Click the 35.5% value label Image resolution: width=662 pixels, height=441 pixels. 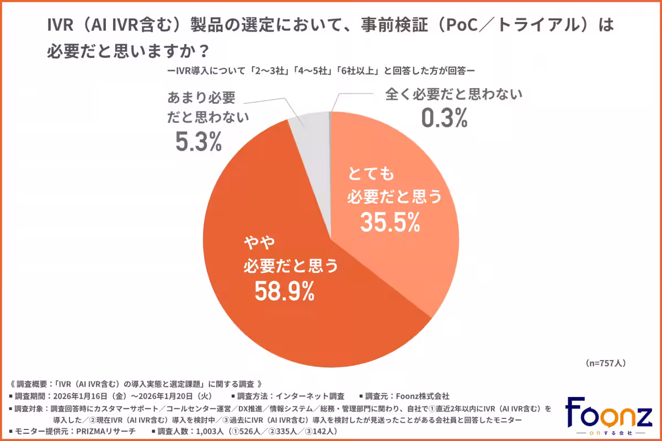(390, 222)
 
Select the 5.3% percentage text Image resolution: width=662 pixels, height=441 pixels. (199, 142)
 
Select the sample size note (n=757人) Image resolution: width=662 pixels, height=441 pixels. (604, 363)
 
